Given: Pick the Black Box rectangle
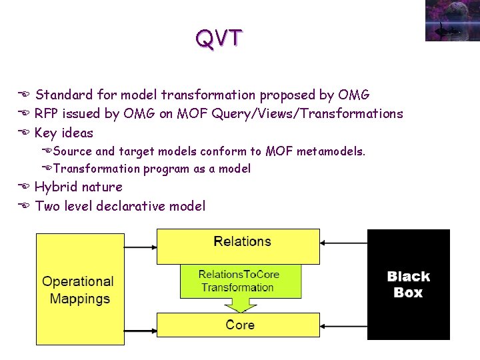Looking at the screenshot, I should (x=408, y=284).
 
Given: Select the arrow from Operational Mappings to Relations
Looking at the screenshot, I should (x=140, y=247).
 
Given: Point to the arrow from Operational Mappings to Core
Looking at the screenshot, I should (x=140, y=326).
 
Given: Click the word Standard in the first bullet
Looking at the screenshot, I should (x=63, y=95).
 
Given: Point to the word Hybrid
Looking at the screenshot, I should (x=55, y=187).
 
